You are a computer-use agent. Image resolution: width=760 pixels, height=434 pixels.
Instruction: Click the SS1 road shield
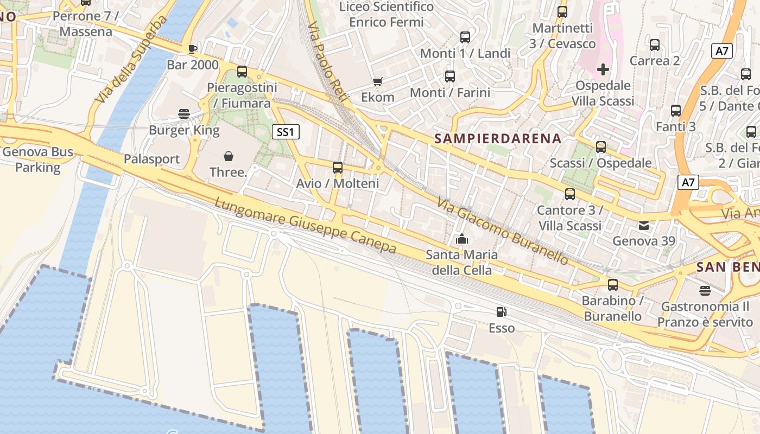286,131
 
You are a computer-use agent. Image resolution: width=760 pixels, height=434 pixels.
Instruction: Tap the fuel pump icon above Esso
502,312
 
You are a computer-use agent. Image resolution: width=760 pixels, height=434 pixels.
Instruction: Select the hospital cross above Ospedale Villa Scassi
603,69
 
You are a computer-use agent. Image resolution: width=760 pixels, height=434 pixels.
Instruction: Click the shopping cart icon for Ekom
378,82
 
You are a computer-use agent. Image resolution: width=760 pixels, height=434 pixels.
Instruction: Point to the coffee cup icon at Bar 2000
192,49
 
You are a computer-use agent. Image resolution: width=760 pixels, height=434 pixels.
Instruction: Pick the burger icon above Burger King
184,114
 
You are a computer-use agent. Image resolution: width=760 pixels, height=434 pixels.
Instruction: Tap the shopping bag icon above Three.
229,157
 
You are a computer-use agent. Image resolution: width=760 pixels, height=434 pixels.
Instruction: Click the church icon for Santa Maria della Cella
462,239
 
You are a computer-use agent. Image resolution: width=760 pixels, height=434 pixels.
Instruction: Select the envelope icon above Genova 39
644,226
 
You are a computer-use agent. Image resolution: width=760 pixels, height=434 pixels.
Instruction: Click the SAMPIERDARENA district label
498,138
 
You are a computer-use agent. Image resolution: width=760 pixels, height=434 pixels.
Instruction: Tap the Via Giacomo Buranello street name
503,231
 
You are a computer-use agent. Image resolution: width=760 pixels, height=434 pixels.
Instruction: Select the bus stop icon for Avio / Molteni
338,168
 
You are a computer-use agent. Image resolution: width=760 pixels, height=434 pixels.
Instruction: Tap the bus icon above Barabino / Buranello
613,284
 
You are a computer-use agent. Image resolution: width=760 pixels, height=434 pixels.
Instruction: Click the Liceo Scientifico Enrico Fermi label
387,15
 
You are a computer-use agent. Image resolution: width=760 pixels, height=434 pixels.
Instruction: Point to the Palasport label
151,159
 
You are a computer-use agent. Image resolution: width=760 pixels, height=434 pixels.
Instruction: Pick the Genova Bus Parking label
38,159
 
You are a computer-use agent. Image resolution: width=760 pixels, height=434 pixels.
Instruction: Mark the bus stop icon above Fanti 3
676,111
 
